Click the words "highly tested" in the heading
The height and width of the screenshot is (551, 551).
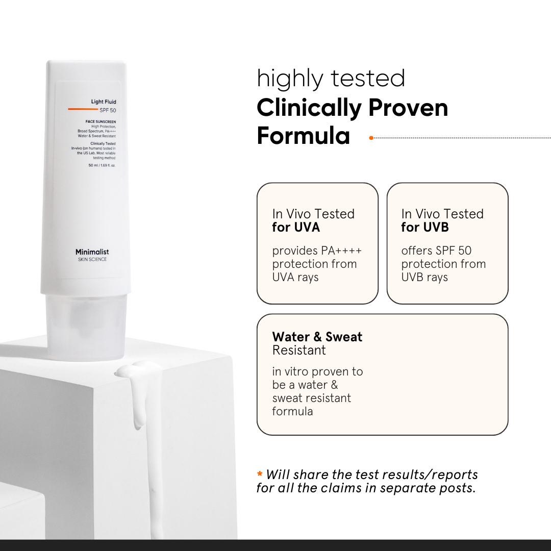331,79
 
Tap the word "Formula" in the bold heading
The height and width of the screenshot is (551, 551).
303,136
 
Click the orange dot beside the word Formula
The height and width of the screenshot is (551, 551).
371,137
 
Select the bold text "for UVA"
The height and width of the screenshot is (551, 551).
296,227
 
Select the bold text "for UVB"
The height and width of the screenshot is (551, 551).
424,227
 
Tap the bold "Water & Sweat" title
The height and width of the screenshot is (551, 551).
317,337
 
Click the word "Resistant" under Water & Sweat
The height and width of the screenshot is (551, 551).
299,350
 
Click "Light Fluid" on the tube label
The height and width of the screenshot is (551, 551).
104,102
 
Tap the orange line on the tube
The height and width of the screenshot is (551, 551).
83,109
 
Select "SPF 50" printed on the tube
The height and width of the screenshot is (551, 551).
108,110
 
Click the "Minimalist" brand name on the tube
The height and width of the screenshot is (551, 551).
92,252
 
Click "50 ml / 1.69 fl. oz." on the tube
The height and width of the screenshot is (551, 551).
102,165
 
